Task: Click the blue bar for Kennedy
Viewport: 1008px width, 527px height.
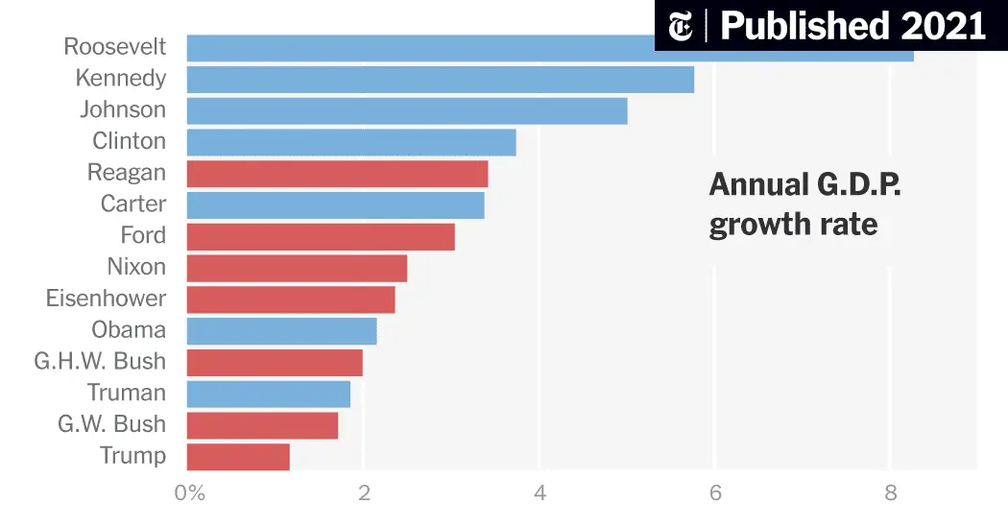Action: point(440,79)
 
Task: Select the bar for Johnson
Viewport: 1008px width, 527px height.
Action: point(406,110)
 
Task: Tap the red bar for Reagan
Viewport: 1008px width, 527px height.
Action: point(337,174)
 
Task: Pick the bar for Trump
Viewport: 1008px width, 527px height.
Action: point(238,456)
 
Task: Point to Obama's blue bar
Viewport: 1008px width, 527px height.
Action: point(281,330)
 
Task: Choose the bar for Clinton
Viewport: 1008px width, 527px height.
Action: point(350,142)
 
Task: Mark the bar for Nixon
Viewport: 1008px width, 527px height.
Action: point(297,268)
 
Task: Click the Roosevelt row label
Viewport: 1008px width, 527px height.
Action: point(114,47)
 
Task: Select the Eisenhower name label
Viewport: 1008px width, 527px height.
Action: point(106,299)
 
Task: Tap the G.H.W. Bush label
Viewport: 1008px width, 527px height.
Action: point(100,362)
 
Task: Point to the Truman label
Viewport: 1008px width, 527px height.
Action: point(126,393)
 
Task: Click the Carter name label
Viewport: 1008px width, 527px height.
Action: point(132,204)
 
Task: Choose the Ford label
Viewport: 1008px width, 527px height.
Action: point(142,236)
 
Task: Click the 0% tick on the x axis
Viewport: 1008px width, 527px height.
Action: point(190,494)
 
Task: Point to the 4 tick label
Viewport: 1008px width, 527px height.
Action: point(540,494)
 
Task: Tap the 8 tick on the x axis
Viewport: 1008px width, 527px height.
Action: point(891,494)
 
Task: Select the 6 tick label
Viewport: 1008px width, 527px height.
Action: point(715,494)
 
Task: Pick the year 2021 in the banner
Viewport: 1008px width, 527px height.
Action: point(944,26)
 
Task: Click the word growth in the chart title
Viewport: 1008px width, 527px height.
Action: point(756,226)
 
